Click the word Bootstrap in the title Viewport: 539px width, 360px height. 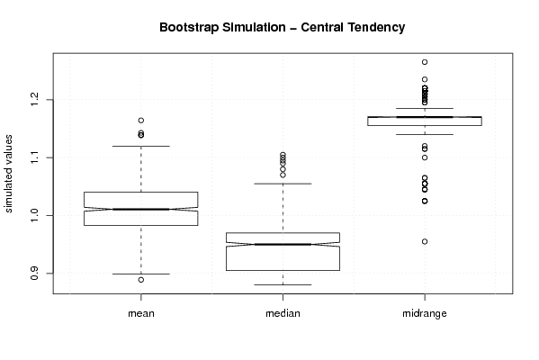tap(189, 28)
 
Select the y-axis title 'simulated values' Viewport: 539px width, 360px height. tap(8, 174)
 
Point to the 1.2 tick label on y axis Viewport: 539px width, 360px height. tap(34, 100)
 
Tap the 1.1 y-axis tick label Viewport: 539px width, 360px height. tap(34, 157)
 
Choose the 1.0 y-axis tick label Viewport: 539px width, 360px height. tap(34, 216)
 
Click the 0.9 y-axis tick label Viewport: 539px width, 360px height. tap(34, 274)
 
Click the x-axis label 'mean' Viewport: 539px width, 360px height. tap(141, 313)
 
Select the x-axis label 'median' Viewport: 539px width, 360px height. tap(283, 313)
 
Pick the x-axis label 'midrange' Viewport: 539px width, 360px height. tap(425, 313)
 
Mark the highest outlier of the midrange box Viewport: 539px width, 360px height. tap(425, 62)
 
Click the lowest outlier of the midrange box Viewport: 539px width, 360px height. tap(425, 242)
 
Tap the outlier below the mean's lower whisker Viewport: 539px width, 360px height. tap(141, 280)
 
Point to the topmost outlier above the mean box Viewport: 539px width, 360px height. tap(141, 121)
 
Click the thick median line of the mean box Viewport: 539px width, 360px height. tap(141, 209)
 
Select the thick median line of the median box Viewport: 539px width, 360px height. tap(283, 245)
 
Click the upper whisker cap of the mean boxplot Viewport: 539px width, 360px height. tap(141, 146)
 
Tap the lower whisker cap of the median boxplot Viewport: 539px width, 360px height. tap(283, 284)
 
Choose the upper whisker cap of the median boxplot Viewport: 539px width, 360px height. tap(283, 184)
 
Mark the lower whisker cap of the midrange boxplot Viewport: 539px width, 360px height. tap(425, 134)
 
